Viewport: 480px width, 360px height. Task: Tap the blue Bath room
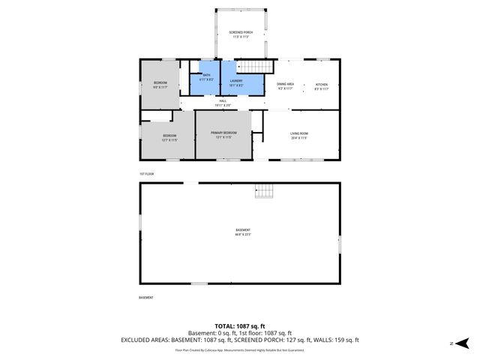(205, 81)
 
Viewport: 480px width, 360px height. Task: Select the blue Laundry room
(241, 81)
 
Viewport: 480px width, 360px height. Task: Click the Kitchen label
(321, 86)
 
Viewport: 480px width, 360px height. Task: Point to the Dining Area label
(286, 86)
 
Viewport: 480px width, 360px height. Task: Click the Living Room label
(299, 136)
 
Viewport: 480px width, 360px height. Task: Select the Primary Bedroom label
(224, 134)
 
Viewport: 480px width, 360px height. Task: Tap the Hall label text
(223, 102)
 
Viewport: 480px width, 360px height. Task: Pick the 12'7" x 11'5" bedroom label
(169, 137)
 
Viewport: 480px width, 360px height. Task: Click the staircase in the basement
(264, 190)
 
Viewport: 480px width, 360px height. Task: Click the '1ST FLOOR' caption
(147, 173)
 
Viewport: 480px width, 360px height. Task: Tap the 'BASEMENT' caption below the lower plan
(146, 298)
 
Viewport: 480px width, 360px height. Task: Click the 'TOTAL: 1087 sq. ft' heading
(240, 325)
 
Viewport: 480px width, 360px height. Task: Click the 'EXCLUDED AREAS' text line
(240, 340)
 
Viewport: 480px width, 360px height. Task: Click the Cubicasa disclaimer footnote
(240, 349)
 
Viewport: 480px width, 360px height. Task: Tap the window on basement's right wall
(340, 244)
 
